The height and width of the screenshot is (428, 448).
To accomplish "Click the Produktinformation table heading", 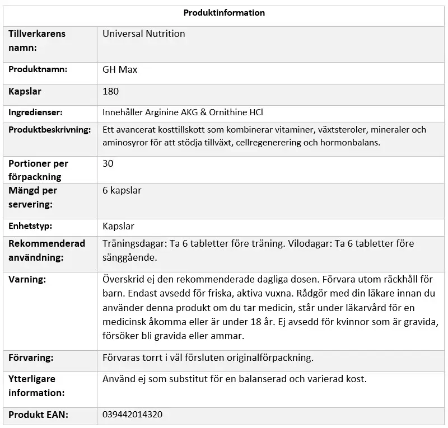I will click(224, 13).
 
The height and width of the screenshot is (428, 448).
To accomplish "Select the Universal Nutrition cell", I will click(144, 34).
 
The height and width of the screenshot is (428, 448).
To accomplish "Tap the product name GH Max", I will click(120, 70).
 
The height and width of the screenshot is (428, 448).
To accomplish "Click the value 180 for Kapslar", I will click(111, 91).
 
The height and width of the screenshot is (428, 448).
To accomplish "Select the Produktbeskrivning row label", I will click(49, 130).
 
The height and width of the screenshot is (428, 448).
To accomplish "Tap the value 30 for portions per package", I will click(109, 164).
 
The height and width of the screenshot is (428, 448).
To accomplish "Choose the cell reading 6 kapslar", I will click(122, 191).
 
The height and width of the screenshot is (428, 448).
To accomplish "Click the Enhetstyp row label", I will click(30, 227).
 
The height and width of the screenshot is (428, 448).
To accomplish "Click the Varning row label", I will click(27, 279).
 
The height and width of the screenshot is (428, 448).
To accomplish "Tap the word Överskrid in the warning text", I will click(122, 279).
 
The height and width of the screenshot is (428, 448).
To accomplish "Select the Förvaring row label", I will click(31, 358).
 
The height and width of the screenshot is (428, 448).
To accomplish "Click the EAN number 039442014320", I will click(132, 415).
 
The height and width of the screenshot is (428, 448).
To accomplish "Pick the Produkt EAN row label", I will click(37, 415).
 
